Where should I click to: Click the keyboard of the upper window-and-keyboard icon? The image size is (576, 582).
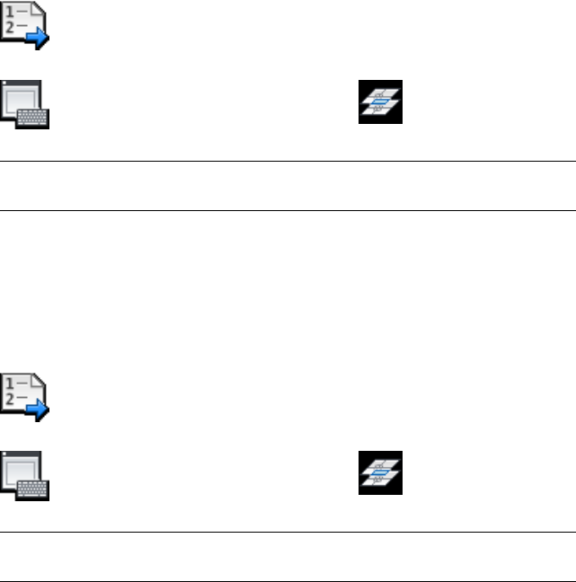coord(36,118)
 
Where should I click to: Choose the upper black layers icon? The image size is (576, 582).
coord(381,102)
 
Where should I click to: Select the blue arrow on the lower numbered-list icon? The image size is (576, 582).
coord(38,409)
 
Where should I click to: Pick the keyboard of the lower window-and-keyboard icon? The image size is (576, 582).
coord(36,488)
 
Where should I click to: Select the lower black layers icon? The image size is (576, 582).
coord(381,472)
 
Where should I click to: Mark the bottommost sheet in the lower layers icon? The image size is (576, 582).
coord(380,483)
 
